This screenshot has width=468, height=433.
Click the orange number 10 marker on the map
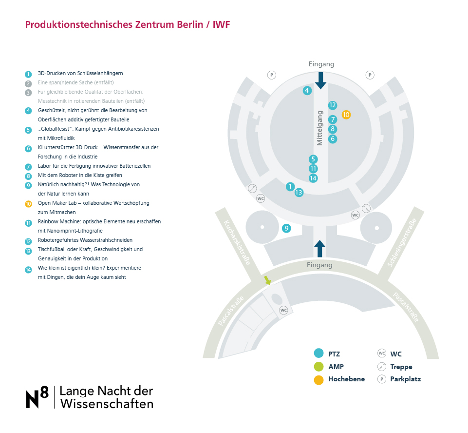(x=346, y=115)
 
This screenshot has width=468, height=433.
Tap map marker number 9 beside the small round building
(x=286, y=228)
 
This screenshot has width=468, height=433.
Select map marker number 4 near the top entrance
(x=307, y=91)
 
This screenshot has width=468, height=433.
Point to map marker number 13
(x=299, y=193)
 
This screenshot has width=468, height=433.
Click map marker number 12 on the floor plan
(x=333, y=105)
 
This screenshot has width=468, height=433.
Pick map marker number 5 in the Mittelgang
(x=313, y=159)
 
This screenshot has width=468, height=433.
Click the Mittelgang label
(x=319, y=128)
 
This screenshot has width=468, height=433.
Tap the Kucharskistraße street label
(x=237, y=242)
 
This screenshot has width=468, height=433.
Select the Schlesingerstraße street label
(x=402, y=242)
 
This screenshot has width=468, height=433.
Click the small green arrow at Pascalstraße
(x=267, y=280)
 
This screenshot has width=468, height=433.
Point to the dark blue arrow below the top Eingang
(x=321, y=80)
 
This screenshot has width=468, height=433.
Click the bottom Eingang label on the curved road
(x=319, y=265)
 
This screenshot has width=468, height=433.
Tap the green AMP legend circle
(x=319, y=366)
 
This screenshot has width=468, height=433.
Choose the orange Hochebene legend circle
(x=319, y=379)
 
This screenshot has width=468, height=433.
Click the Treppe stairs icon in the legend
(x=382, y=366)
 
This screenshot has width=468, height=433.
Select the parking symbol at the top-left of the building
(x=272, y=75)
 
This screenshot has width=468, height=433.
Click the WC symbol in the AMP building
(x=283, y=310)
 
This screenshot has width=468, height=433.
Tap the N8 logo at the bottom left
(x=37, y=397)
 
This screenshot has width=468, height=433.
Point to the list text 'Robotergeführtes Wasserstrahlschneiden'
(x=85, y=240)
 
